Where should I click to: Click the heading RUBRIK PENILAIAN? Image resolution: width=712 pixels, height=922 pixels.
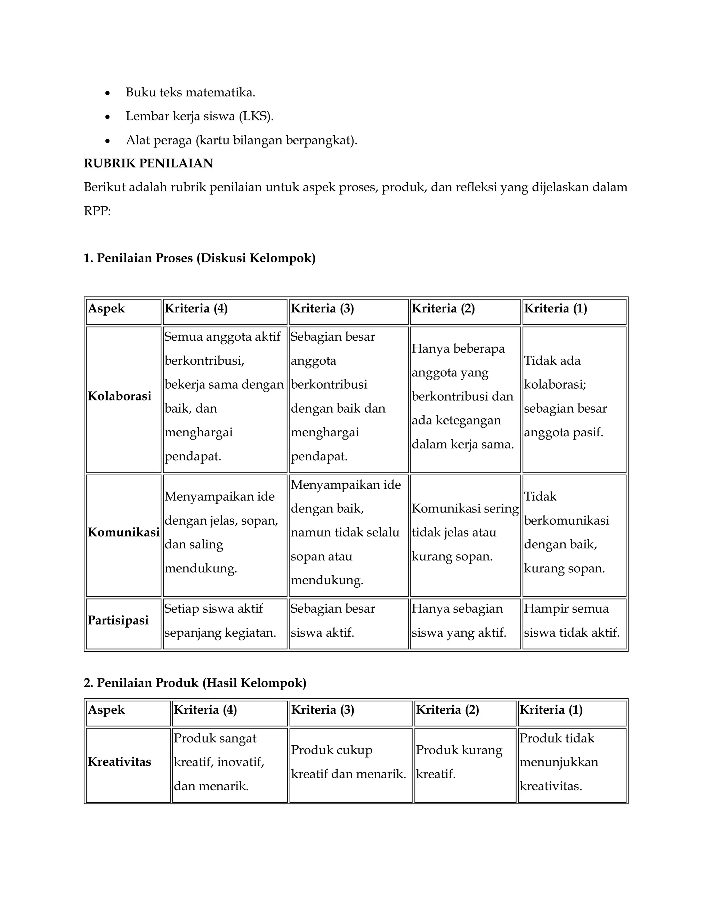coord(148,164)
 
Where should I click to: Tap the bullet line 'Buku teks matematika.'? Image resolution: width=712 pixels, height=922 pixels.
coord(190,93)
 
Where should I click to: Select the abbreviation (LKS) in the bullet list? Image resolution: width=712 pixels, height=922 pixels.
coord(256,116)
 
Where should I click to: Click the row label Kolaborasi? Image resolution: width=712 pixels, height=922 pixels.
coord(119,396)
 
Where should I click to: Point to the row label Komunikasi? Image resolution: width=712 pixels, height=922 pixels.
coord(123,532)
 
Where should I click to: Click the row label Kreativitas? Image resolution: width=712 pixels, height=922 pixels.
coord(119,762)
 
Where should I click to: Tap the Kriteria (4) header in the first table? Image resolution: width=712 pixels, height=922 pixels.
coord(196,309)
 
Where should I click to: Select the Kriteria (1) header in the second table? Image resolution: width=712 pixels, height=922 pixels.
coord(551,710)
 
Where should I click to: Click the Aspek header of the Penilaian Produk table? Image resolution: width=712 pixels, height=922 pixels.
coord(106,710)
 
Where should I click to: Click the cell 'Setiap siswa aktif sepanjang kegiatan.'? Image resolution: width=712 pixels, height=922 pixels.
coord(220,621)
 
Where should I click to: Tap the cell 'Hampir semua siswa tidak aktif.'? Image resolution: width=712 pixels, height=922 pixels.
coord(572,621)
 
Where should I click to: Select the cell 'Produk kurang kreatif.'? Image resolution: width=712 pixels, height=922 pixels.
coord(459,762)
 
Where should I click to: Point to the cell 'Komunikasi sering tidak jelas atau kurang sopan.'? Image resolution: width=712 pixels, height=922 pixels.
coord(465,532)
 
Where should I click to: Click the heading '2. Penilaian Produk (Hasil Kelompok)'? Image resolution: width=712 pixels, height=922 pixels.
coord(195,683)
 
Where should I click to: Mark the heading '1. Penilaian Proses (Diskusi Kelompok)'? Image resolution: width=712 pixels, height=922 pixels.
coord(200,258)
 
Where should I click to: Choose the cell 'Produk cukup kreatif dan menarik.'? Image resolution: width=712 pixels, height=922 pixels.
coord(348,762)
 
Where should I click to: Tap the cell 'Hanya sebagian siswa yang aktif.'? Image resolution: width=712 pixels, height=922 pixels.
coord(459,621)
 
